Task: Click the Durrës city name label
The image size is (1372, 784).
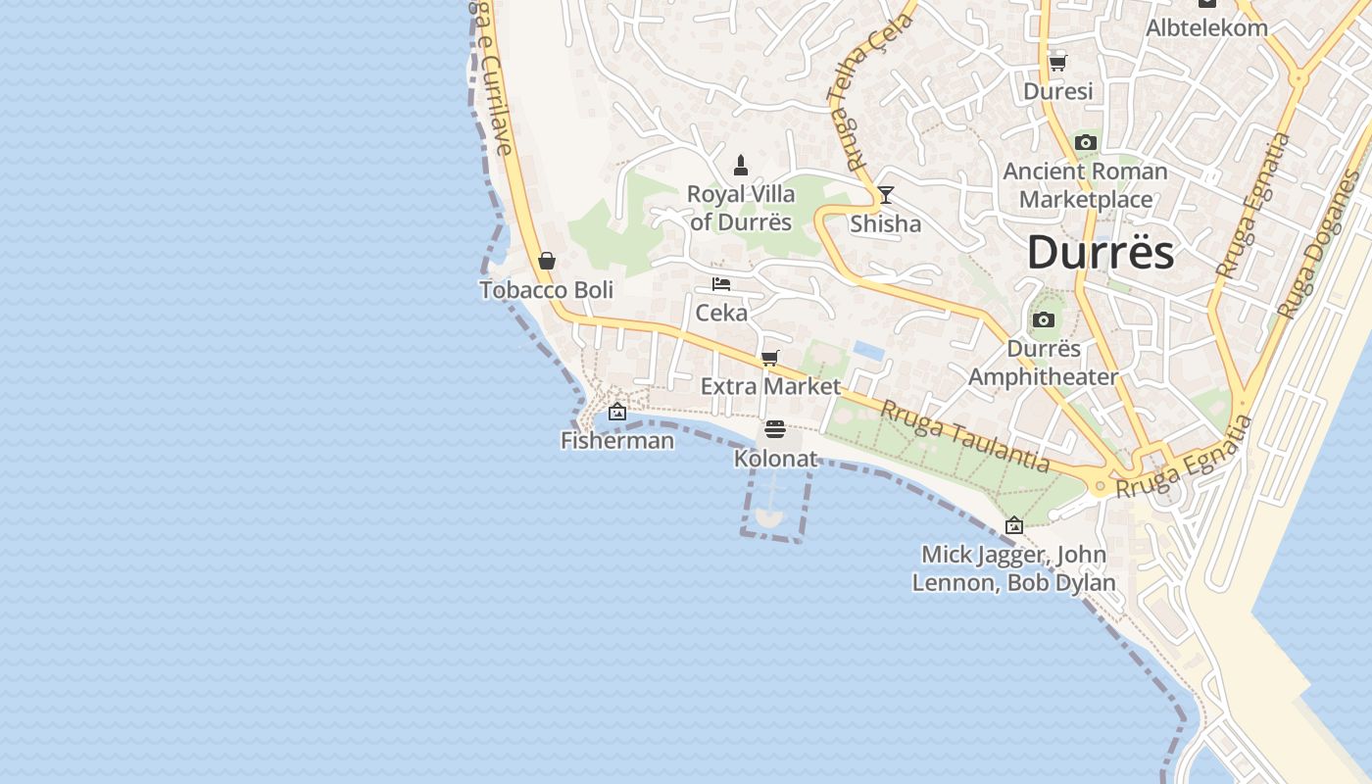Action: coord(1100,253)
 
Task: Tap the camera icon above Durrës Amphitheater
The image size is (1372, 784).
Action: coord(1043,319)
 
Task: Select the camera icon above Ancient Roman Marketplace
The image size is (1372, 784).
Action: coord(1085,142)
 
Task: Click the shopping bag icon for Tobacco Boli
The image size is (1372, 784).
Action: coord(547,261)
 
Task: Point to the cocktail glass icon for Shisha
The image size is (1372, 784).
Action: coord(886,195)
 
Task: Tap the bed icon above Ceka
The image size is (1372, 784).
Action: coord(721,284)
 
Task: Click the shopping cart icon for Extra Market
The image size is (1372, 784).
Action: coord(770,358)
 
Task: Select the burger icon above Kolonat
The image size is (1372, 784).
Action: coord(775,429)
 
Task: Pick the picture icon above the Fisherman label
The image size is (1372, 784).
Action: coord(617,412)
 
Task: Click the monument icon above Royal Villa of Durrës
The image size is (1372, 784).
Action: coord(741,165)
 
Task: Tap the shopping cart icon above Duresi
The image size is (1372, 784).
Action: coord(1057,63)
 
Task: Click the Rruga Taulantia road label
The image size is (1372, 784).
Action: coord(965,437)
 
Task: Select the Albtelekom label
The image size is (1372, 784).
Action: coord(1206,27)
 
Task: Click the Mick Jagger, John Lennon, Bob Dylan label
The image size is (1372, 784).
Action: coord(1013,568)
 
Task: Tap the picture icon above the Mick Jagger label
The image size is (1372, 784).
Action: coord(1014,525)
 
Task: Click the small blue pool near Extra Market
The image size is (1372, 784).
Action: coord(868,349)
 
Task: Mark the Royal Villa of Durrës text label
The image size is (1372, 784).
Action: coord(740,208)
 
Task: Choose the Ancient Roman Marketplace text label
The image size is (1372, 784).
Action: coord(1085,185)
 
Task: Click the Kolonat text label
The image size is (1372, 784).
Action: coord(775,458)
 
